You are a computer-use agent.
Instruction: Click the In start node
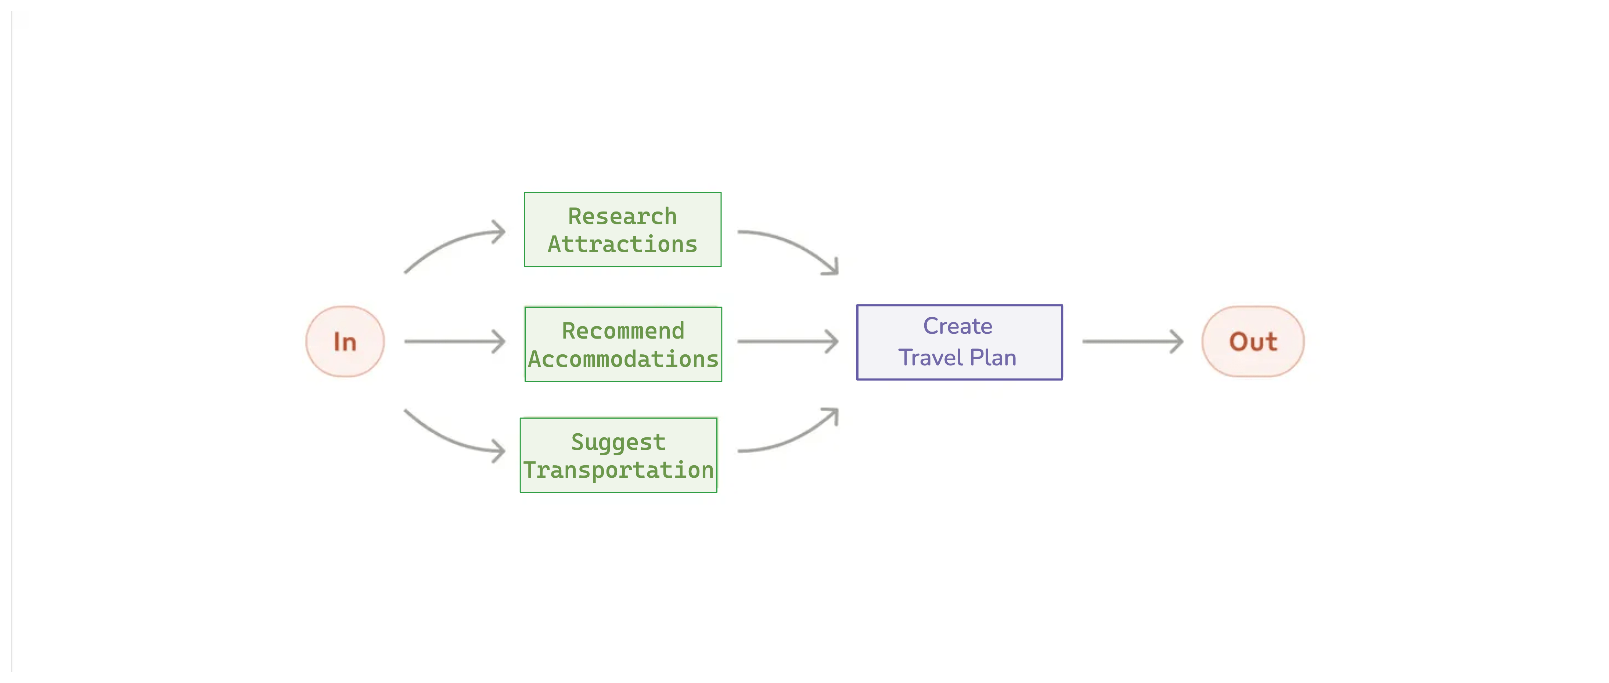point(345,341)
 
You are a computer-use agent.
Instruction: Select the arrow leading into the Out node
point(1132,341)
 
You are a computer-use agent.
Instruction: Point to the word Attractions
point(622,244)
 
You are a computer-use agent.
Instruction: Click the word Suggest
point(618,442)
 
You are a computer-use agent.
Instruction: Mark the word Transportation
point(618,470)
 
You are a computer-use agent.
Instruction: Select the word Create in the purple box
point(958,326)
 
